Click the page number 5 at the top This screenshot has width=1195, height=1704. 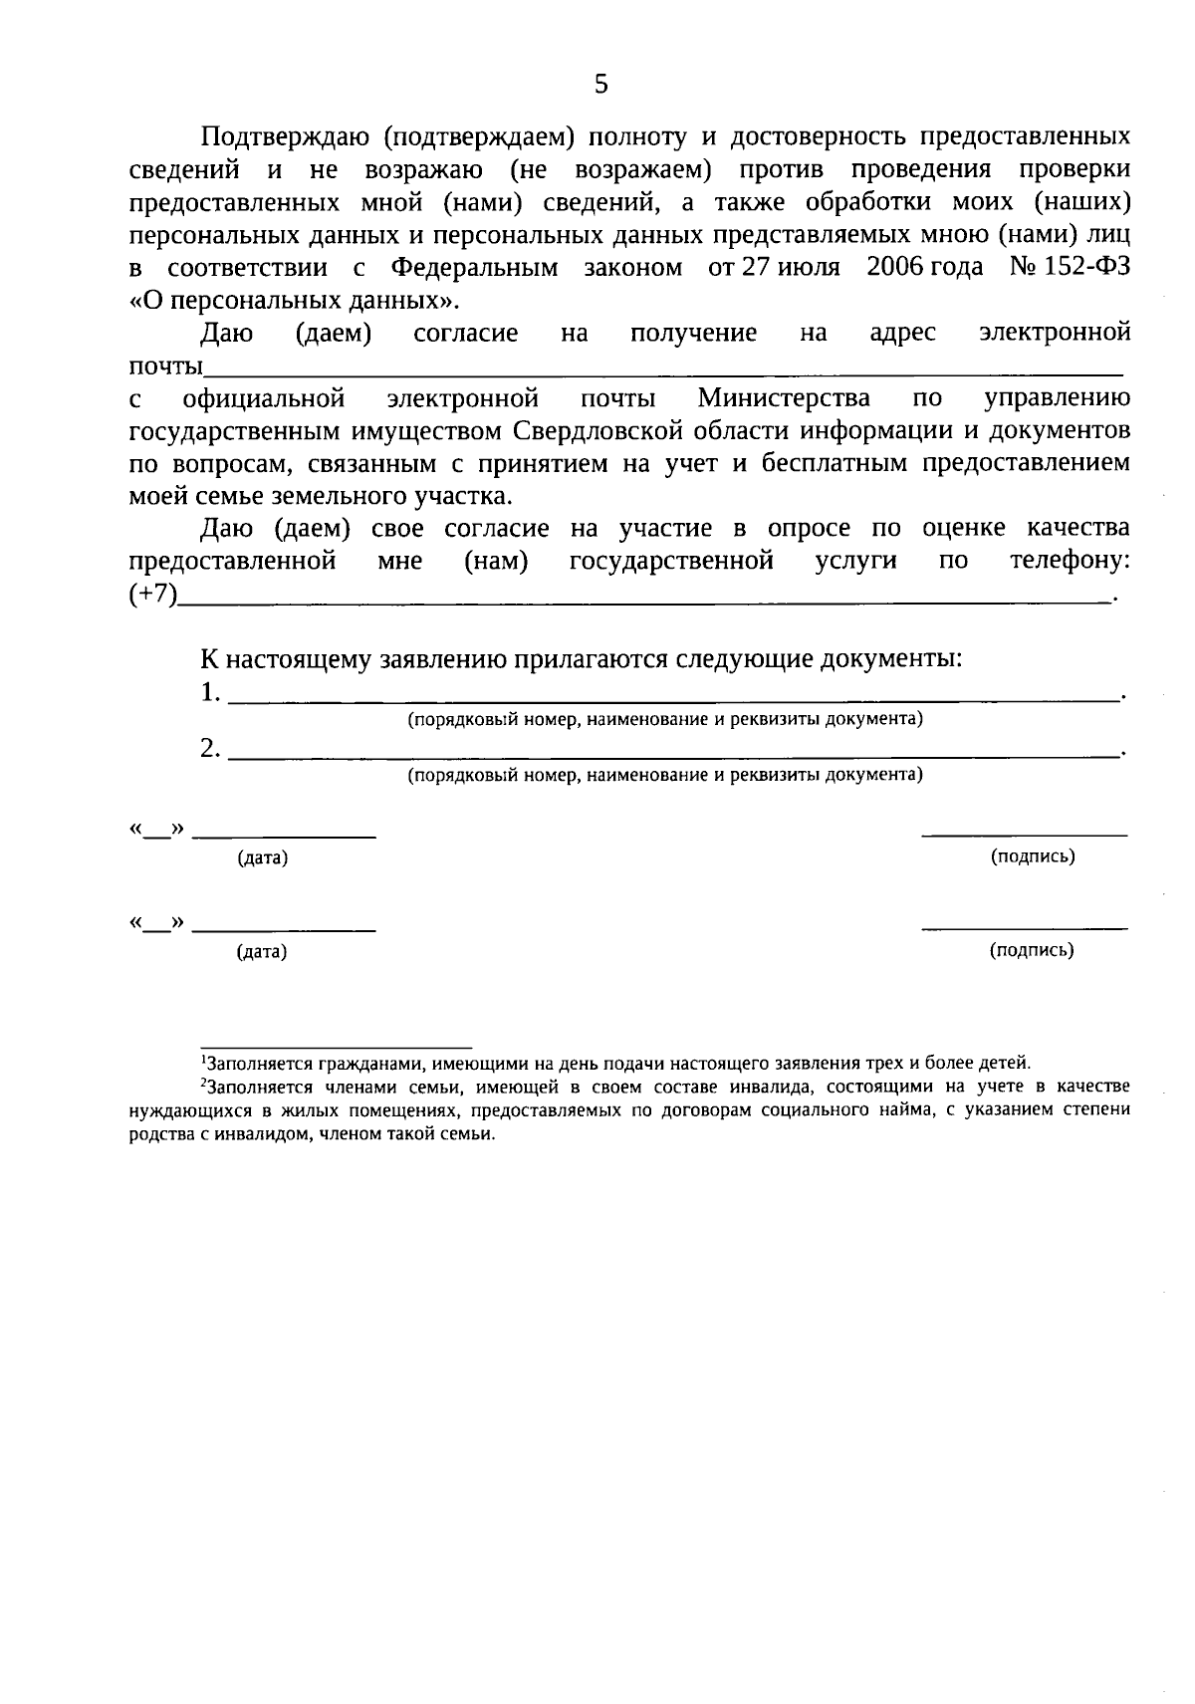(x=600, y=85)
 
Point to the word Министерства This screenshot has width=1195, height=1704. (x=784, y=398)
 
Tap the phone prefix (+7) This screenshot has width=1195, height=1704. (x=152, y=595)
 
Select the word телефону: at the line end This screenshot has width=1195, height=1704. (x=1071, y=561)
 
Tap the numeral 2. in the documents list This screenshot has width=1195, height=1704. (x=210, y=748)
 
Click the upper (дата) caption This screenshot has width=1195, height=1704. (x=262, y=858)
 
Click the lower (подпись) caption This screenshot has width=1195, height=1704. (x=1032, y=950)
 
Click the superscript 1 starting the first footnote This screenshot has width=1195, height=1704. (x=203, y=1059)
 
